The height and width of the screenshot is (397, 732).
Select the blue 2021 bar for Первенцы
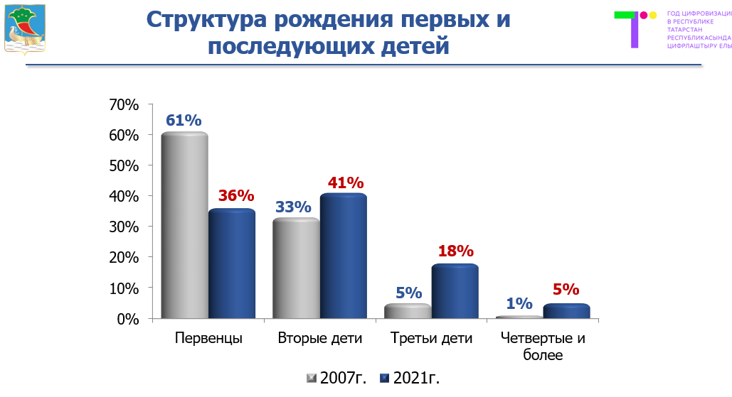click(x=232, y=264)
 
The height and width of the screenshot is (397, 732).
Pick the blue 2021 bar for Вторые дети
click(x=344, y=256)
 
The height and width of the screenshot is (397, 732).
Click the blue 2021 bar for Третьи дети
click(x=455, y=292)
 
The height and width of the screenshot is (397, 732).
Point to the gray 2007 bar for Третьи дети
click(x=408, y=312)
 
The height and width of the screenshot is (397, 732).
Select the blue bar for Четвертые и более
click(x=567, y=312)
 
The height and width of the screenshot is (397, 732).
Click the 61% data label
click(x=184, y=120)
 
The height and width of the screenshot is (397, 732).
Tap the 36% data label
click(x=236, y=195)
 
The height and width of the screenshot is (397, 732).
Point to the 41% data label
click(x=346, y=183)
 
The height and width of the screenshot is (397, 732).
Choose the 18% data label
click(x=455, y=251)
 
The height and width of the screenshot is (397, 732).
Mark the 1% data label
click(x=519, y=303)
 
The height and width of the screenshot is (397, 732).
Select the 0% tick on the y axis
click(x=127, y=319)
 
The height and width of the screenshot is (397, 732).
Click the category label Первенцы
click(x=208, y=339)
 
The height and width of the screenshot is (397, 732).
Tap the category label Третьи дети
click(x=432, y=339)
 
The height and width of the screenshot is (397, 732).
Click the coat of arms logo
click(x=25, y=28)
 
